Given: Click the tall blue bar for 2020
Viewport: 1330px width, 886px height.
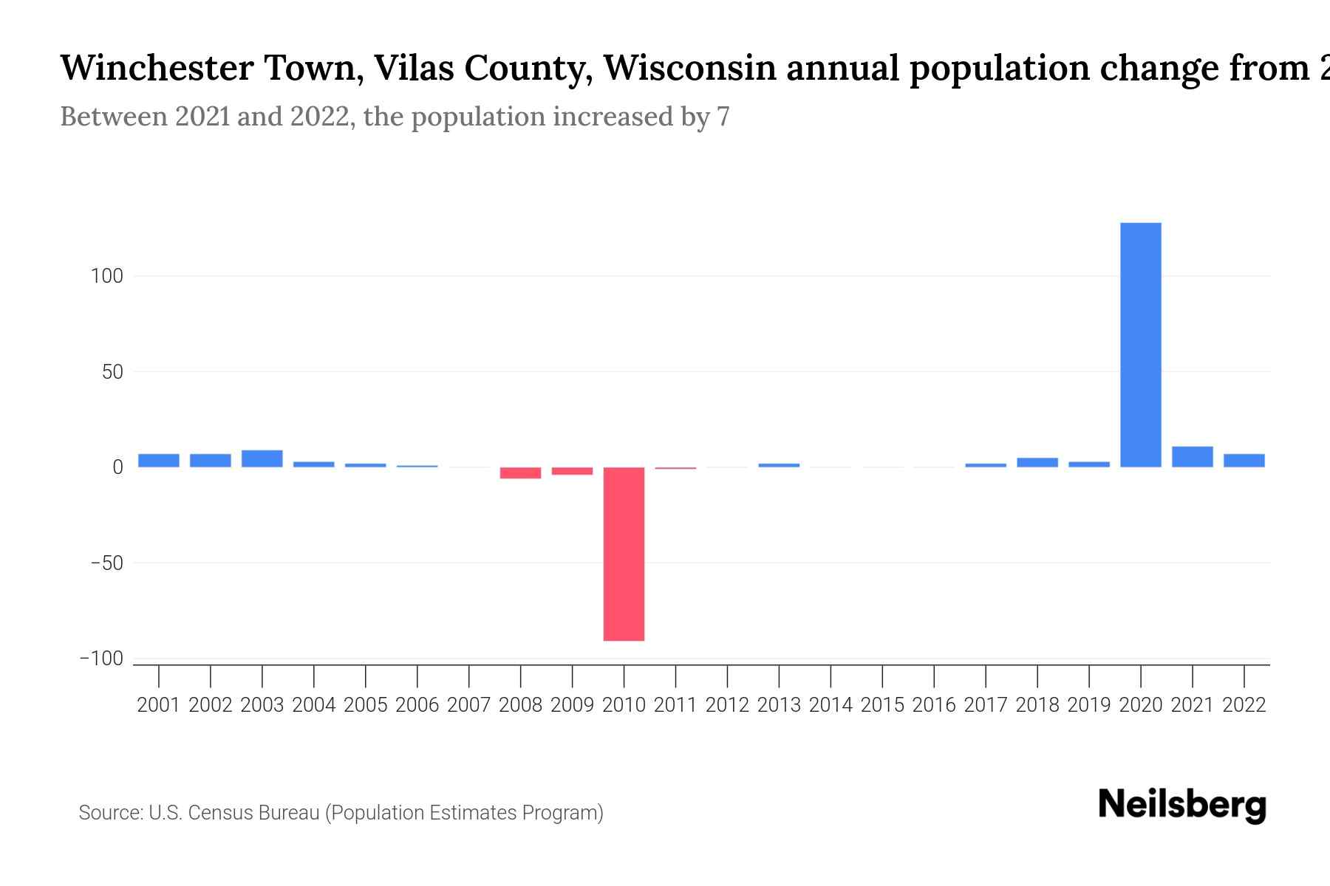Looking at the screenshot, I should click(x=1140, y=345).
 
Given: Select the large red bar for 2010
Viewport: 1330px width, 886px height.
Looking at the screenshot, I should click(x=624, y=554).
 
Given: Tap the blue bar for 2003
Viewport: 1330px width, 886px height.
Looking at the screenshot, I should click(x=262, y=459).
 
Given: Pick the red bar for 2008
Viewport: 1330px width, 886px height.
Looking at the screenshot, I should click(x=520, y=473).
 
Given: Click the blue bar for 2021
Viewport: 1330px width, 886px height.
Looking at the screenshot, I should click(x=1192, y=457).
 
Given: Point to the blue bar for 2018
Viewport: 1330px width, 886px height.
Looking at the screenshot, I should click(x=1037, y=463).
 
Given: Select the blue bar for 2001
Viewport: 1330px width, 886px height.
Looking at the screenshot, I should click(x=159, y=461).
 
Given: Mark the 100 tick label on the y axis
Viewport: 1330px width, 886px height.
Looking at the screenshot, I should click(x=106, y=276).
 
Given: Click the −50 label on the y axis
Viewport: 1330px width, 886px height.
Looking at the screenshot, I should click(x=106, y=563).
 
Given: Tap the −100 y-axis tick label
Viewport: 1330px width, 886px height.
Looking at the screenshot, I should click(x=102, y=659).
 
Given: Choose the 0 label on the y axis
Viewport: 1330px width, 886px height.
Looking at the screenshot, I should click(x=117, y=467).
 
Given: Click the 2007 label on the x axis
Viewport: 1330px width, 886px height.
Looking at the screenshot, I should click(x=468, y=705).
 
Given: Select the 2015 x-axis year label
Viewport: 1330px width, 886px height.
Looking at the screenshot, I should click(x=882, y=705).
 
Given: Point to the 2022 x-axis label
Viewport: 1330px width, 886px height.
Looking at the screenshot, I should click(x=1244, y=705).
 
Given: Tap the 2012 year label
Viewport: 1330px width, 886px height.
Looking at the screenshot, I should click(x=727, y=705).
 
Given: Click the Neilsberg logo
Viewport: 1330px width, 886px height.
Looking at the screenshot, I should click(x=1181, y=805).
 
